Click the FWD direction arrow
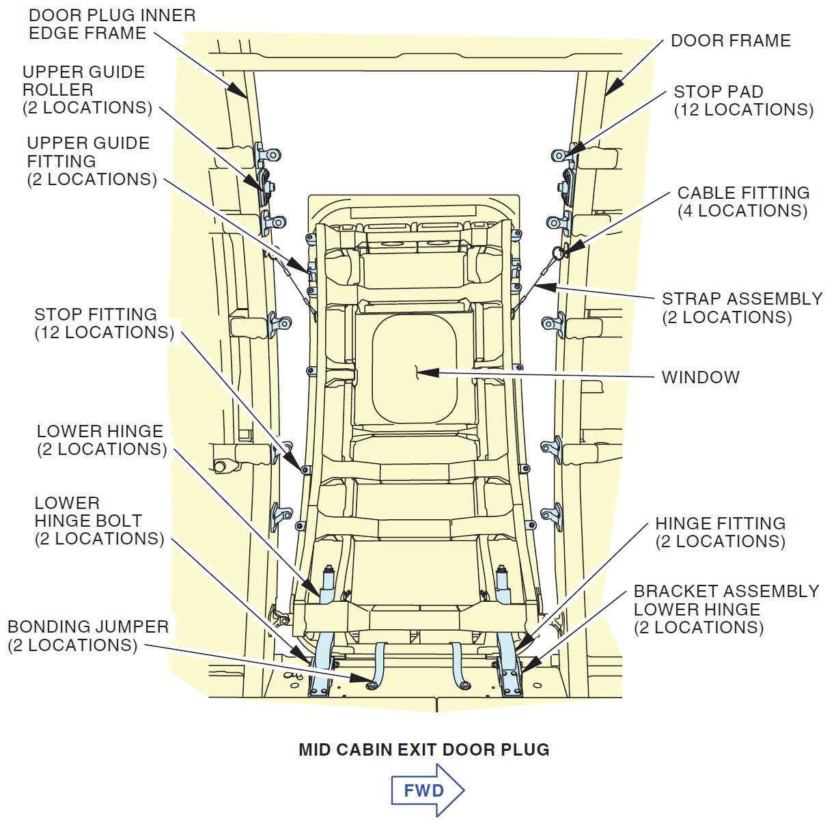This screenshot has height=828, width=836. [427, 790]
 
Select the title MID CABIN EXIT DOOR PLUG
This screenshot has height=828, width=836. [423, 749]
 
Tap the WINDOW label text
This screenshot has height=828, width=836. [700, 377]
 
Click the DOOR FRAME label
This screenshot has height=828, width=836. [730, 40]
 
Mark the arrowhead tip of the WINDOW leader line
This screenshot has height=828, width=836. [419, 372]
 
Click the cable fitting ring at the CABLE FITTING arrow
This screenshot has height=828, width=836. [559, 253]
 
